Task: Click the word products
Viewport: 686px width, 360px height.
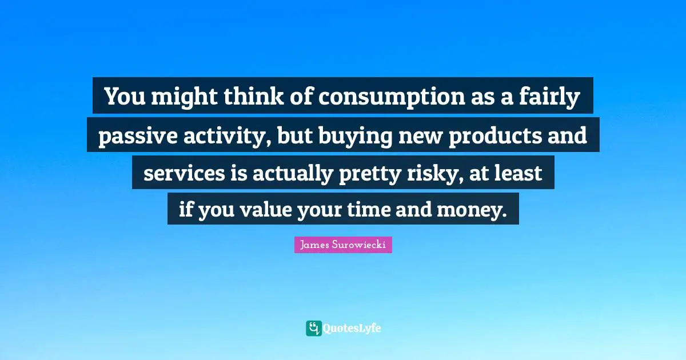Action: coord(487,137)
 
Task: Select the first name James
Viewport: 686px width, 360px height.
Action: coord(314,245)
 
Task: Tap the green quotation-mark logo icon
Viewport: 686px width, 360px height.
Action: coord(313,328)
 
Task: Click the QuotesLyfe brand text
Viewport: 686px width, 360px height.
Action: coord(353,329)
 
